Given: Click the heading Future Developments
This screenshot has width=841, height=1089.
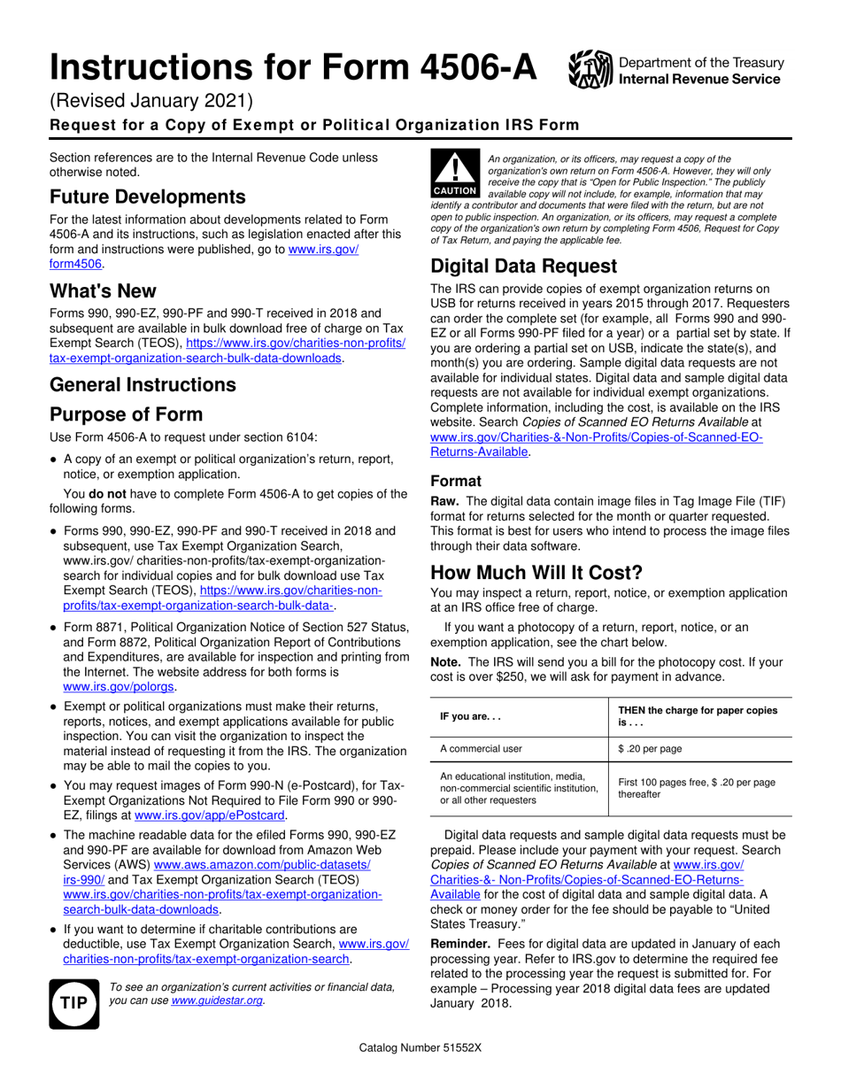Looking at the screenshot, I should (x=147, y=197).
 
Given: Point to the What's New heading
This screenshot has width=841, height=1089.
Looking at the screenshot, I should (x=103, y=290).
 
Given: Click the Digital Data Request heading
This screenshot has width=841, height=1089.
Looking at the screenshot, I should (x=523, y=266).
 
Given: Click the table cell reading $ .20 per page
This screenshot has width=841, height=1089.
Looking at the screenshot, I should (x=650, y=749).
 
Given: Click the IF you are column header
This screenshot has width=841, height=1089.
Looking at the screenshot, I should (x=470, y=717).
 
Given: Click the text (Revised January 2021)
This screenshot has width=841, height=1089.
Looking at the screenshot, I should (x=151, y=103).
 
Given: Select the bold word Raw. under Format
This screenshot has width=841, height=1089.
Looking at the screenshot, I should (x=444, y=501).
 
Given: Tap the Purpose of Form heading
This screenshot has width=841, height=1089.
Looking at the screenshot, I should (x=126, y=414).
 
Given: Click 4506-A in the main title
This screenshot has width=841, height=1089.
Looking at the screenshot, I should (x=462, y=67).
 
